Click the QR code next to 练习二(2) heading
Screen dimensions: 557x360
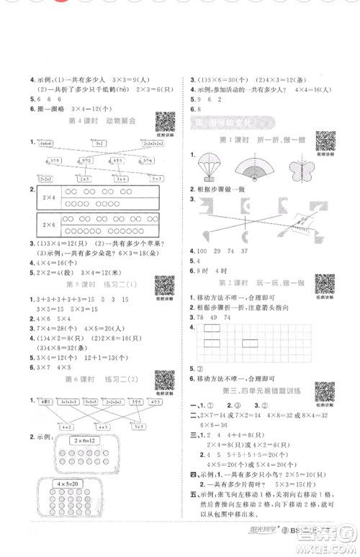coord(166,380)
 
